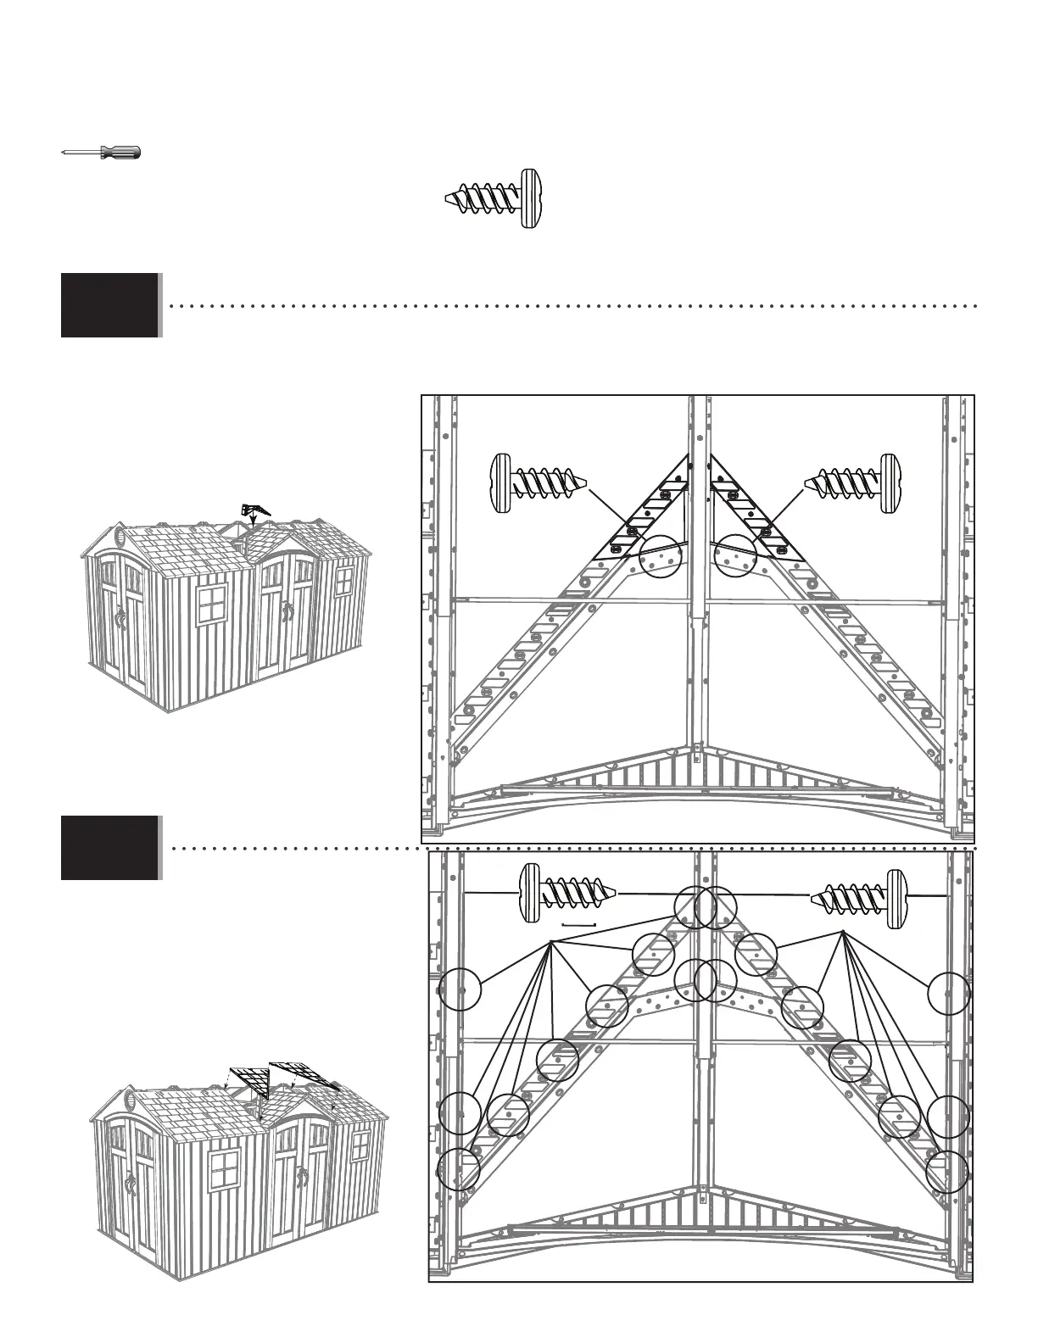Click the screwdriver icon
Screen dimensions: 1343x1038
tap(102, 153)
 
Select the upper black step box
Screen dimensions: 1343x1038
tap(110, 305)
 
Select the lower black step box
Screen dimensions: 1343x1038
tap(110, 847)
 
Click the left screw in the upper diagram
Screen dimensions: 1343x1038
tap(539, 483)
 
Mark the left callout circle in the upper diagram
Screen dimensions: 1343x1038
tap(659, 557)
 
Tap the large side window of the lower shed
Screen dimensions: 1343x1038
tap(226, 1172)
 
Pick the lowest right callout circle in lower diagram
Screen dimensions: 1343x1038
tap(946, 1173)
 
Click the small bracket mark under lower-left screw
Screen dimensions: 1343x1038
tap(580, 924)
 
